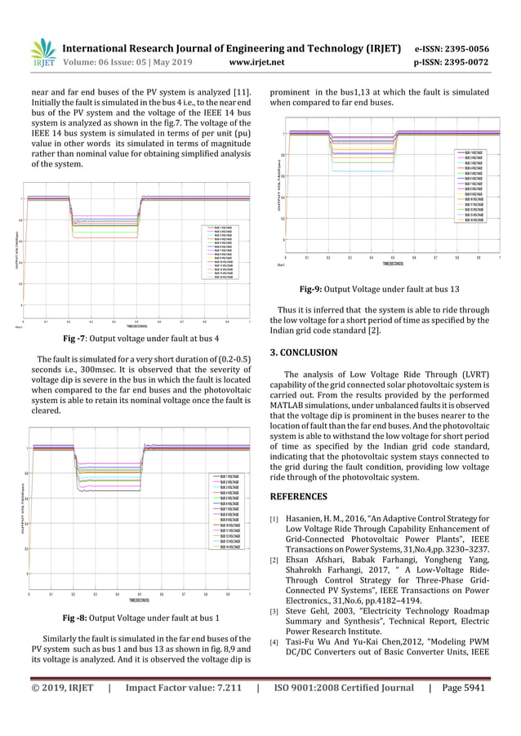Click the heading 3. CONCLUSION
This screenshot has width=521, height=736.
coord(303,352)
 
